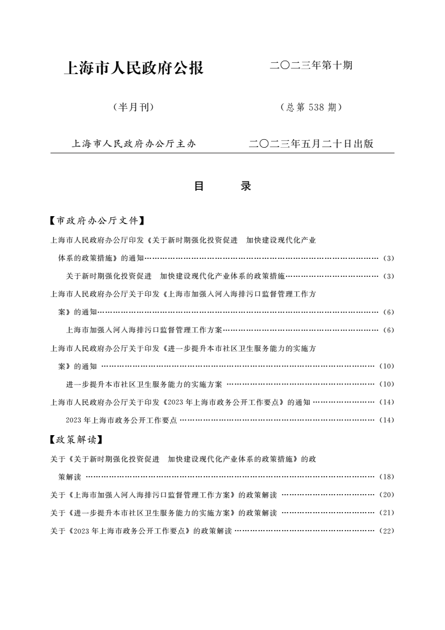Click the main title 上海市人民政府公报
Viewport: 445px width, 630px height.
pos(134,69)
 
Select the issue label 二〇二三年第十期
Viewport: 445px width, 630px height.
pos(311,66)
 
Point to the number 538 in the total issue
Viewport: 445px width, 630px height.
pos(316,107)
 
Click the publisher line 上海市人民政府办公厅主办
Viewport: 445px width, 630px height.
pos(134,144)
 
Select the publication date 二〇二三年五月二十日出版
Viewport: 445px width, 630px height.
pos(311,144)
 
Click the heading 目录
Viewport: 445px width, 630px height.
pos(222,186)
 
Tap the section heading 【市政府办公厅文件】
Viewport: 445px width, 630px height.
pos(98,220)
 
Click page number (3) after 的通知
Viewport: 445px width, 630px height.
pos(389,258)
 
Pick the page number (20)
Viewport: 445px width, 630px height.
pos(387,495)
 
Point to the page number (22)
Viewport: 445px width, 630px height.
pos(387,531)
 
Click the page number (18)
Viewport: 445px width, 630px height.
pos(387,477)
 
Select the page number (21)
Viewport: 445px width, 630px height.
pos(387,513)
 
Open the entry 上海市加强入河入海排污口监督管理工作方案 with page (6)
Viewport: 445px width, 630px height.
pos(144,330)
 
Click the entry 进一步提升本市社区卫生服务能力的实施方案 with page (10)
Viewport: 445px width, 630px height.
pos(144,384)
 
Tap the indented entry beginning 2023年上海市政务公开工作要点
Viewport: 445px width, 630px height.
pos(121,420)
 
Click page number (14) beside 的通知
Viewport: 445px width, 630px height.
pos(387,402)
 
